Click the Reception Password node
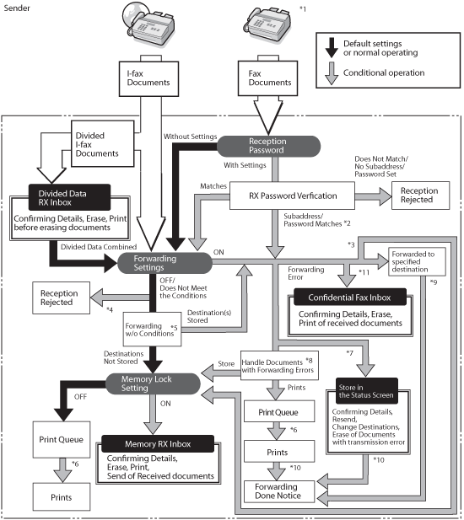point(268,146)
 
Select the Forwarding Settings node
point(165,263)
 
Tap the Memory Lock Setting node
point(153,383)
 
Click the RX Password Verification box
point(292,196)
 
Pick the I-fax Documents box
point(148,78)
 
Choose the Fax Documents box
point(267,78)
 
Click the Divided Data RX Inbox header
point(69,198)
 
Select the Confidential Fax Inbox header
point(350,298)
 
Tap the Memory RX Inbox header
point(158,443)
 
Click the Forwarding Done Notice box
point(279,491)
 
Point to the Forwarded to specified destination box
point(417,261)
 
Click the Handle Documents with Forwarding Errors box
point(279,366)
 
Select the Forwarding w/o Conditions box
point(152,330)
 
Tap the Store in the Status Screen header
point(367,391)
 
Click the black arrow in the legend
point(332,48)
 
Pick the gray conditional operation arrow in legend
point(332,73)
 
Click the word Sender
point(17,8)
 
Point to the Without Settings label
point(190,137)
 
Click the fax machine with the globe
point(148,24)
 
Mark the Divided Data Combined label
point(99,247)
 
